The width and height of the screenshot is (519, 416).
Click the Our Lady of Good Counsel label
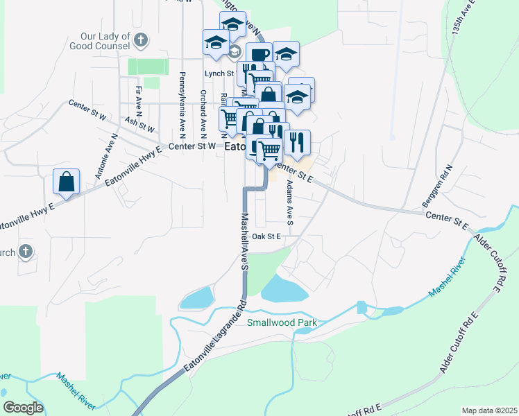click(105, 41)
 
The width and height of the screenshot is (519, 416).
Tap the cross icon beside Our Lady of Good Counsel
click(142, 40)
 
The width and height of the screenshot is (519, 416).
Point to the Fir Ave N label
click(139, 99)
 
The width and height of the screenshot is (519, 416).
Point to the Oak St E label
click(266, 236)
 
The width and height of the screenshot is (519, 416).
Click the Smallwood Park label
click(283, 323)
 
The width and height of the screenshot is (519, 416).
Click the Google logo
click(24, 408)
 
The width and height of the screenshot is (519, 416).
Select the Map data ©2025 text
click(488, 410)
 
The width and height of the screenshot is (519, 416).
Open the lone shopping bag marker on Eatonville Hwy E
click(66, 182)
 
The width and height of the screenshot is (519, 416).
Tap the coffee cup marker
click(259, 55)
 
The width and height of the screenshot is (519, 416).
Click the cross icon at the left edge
click(26, 251)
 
